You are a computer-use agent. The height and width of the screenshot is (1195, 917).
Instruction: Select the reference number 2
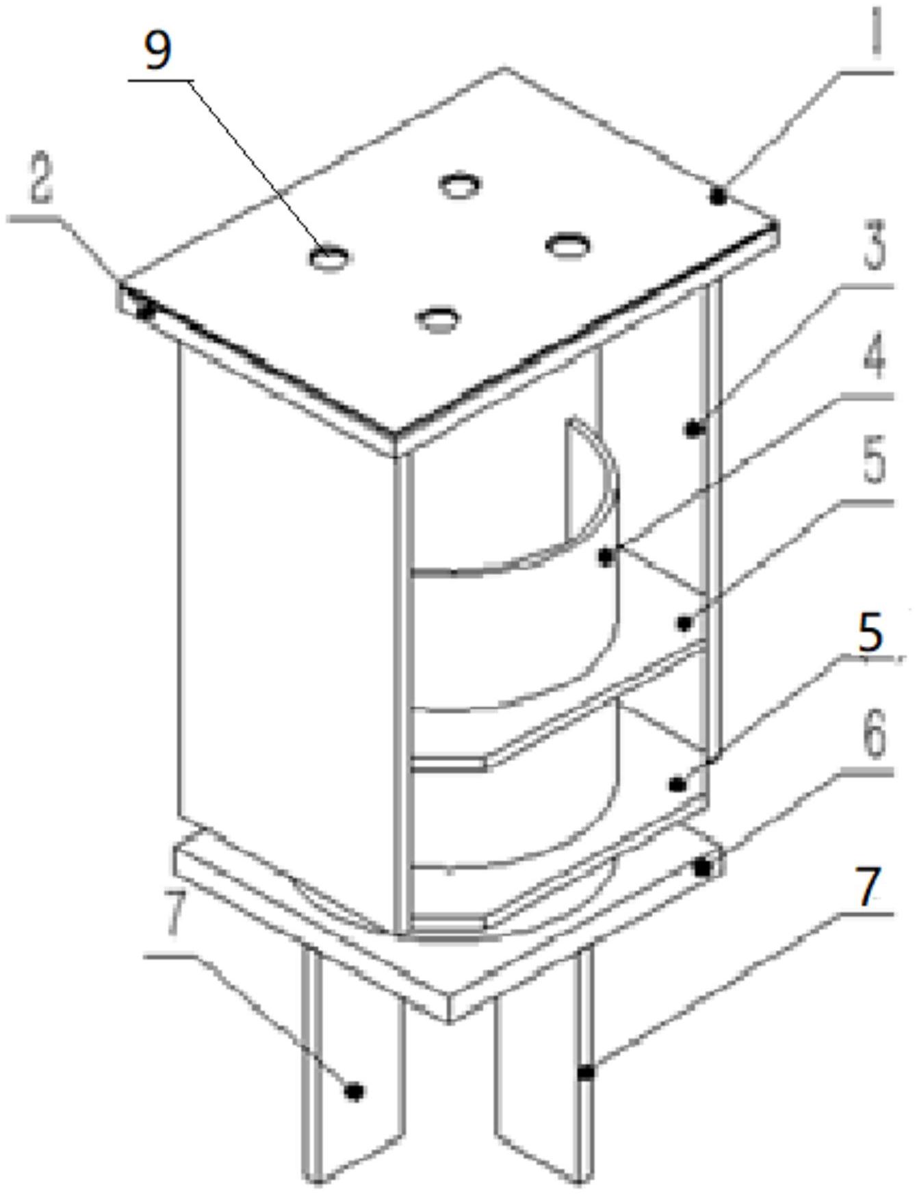pos(40,179)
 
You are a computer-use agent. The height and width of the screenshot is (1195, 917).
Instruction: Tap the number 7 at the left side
pos(175,915)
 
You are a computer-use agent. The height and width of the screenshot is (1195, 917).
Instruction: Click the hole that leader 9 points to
pos(329,257)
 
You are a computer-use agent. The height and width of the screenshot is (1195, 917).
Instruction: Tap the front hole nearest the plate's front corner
pos(438,318)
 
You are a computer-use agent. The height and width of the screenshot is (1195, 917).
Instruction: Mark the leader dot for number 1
pos(717,197)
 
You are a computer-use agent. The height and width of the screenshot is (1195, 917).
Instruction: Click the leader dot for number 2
pos(144,311)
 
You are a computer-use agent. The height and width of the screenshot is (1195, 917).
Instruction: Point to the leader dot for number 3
pos(694,430)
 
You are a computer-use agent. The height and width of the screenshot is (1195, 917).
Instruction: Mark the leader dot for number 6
pos(702,868)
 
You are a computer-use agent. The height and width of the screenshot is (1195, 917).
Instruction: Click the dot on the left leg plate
pos(354,1091)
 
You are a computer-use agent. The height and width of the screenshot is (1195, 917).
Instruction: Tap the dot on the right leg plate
pos(586,1073)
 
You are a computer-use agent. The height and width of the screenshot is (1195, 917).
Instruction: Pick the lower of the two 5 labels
pos(870,632)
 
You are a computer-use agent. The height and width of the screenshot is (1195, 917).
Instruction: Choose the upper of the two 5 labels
pos(874,461)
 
